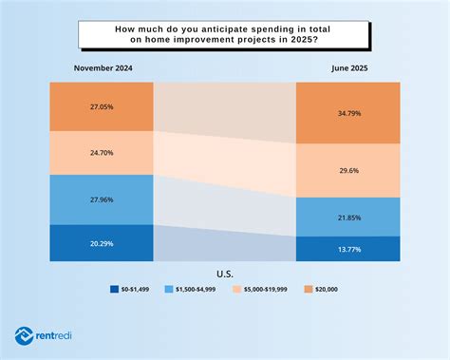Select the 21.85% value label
[x=349, y=218]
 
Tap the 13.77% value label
[x=349, y=248]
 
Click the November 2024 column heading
[x=102, y=67]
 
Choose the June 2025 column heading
[x=349, y=67]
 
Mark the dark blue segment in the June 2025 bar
[x=349, y=248]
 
